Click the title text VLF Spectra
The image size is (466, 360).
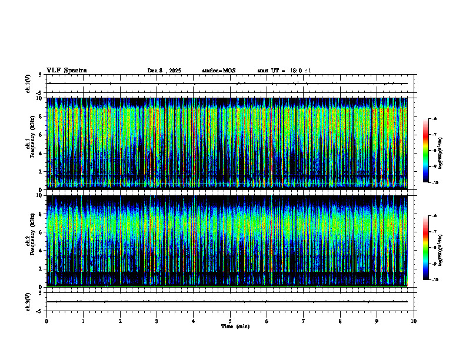66,70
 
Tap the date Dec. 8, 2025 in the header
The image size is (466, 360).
164,71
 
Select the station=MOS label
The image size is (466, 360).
218,71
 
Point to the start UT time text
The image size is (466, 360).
284,71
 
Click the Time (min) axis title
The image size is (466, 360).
235,326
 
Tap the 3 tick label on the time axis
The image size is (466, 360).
157,321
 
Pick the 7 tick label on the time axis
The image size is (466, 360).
303,321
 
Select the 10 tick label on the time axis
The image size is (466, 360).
414,321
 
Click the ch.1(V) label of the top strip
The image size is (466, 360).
28,84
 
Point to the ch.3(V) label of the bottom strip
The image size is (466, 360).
28,301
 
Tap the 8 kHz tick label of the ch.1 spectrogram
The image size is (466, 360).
40,116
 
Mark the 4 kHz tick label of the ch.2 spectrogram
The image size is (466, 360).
40,250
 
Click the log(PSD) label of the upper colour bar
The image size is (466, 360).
440,151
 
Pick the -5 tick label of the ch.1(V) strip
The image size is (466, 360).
39,93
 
